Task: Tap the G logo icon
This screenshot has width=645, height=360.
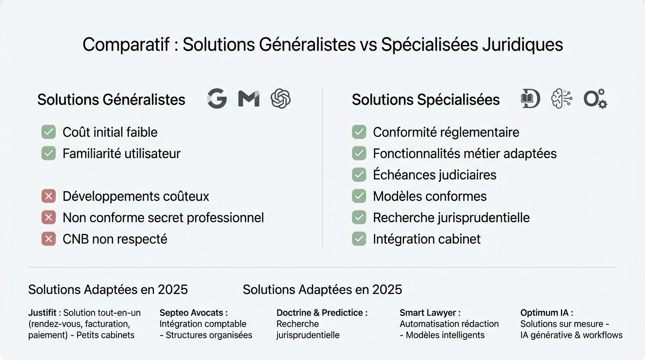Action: tap(217, 99)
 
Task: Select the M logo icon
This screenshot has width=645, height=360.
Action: tap(248, 99)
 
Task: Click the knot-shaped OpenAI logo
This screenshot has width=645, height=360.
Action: tap(280, 99)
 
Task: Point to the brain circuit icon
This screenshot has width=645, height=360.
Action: tap(562, 99)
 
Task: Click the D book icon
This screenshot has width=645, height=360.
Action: tap(531, 99)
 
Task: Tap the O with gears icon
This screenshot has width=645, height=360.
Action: tap(595, 99)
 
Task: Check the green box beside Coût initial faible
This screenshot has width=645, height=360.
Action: tap(49, 132)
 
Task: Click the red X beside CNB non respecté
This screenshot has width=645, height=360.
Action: tap(49, 239)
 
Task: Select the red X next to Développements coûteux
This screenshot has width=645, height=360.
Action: tap(49, 196)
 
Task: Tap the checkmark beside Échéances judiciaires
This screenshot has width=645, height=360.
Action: tap(359, 175)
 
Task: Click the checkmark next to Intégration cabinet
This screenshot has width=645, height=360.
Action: tap(359, 239)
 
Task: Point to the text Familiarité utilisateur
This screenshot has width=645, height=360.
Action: tap(121, 154)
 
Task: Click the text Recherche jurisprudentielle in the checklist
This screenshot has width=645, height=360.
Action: tap(451, 217)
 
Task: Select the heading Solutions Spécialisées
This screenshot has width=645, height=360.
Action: tap(426, 100)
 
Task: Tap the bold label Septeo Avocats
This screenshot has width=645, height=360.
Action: tap(194, 313)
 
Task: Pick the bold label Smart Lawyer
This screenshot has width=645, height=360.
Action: tap(430, 313)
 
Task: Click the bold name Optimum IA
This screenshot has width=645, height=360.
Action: tap(547, 313)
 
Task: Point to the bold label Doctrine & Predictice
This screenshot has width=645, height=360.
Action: tap(322, 313)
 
